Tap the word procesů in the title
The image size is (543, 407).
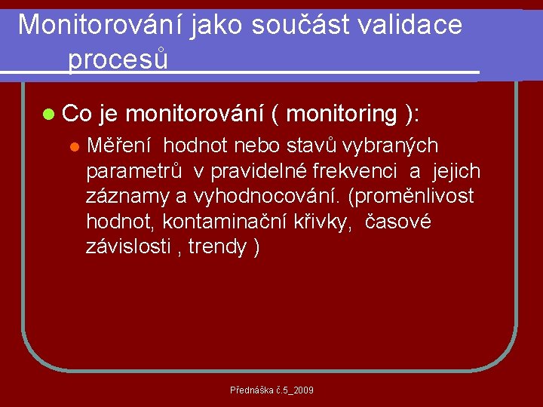(x=118, y=59)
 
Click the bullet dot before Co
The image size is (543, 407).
(x=49, y=115)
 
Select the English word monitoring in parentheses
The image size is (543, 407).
(x=342, y=114)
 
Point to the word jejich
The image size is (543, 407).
(x=456, y=171)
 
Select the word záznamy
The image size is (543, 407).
(x=127, y=197)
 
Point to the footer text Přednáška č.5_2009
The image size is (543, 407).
(x=271, y=390)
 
